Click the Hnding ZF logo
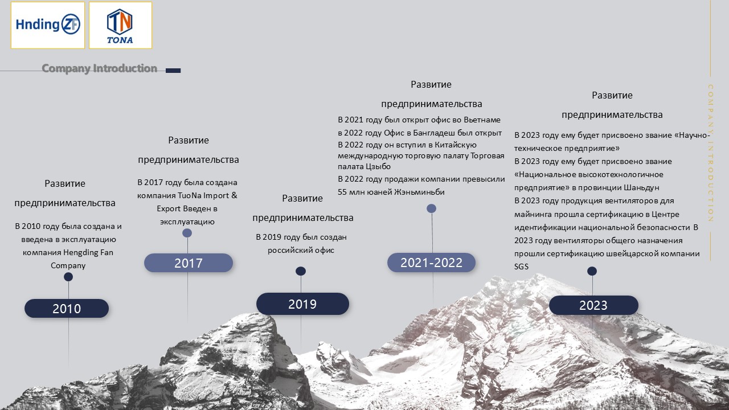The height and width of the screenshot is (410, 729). coord(48,25)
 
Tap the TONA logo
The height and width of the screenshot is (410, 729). coord(120,25)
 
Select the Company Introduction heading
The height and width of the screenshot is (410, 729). coord(99,68)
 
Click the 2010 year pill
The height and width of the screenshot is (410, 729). coord(67,309)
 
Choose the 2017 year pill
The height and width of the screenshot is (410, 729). coord(189,263)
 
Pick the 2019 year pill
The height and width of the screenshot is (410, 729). coord(302,304)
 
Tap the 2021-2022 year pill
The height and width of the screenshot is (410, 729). coord(431,263)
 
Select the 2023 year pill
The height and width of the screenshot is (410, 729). coord(593,305)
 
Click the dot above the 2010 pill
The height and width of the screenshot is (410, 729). coord(68,277)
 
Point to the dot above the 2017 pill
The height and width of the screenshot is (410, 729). coord(187,233)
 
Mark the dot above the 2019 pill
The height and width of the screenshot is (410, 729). coord(301,271)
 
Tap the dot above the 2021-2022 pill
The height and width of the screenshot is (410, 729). coord(432,208)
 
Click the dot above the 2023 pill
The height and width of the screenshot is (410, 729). coord(592,271)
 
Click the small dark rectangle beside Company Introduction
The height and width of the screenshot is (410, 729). coord(173,71)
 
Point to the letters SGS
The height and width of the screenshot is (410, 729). coord(521,267)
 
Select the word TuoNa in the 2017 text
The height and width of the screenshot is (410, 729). coord(190,195)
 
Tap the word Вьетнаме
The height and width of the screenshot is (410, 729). coord(482,120)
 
